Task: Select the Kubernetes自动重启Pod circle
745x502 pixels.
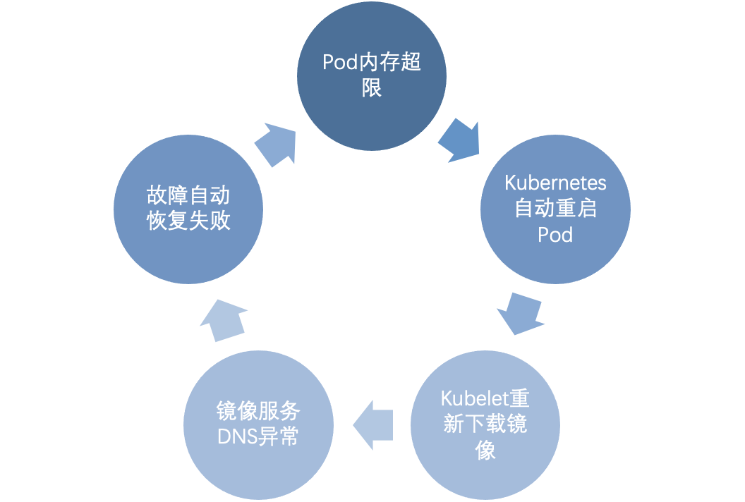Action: click(555, 209)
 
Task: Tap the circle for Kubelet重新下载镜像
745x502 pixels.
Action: click(485, 425)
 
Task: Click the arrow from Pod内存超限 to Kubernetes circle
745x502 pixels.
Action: click(459, 141)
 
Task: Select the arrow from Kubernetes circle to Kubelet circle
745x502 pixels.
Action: click(521, 314)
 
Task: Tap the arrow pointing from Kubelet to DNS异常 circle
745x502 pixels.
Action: click(372, 425)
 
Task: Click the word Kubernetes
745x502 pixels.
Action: click(555, 183)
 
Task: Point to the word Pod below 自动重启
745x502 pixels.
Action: click(555, 235)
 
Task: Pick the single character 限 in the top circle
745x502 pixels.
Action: click(372, 88)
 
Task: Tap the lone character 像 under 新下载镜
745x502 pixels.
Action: click(485, 451)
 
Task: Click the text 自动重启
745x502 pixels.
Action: click(555, 209)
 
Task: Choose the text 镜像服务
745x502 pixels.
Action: click(258, 412)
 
